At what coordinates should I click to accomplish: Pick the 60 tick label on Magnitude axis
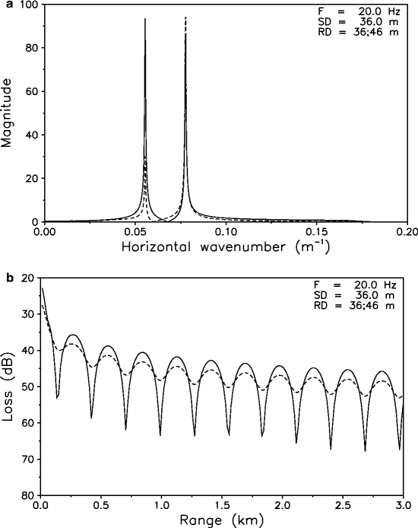click(30, 91)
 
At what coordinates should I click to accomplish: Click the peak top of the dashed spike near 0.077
click(185, 16)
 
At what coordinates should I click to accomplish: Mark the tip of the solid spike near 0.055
click(144, 19)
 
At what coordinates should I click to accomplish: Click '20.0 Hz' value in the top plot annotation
click(377, 12)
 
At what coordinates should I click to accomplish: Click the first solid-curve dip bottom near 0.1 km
click(58, 397)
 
